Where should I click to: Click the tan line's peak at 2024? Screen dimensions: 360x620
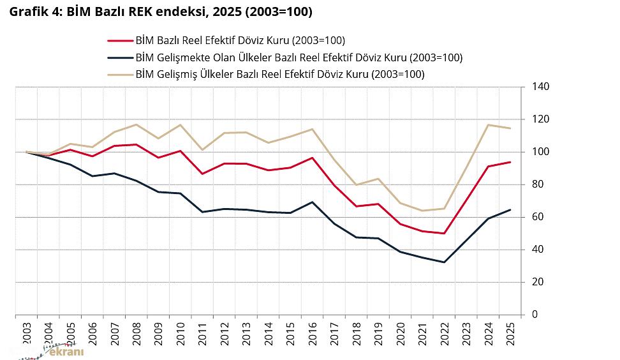point(489,124)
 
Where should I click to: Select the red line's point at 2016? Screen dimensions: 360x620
point(312,158)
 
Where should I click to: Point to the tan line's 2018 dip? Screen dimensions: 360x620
point(356,184)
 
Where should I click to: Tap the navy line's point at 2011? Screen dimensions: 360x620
point(202,211)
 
